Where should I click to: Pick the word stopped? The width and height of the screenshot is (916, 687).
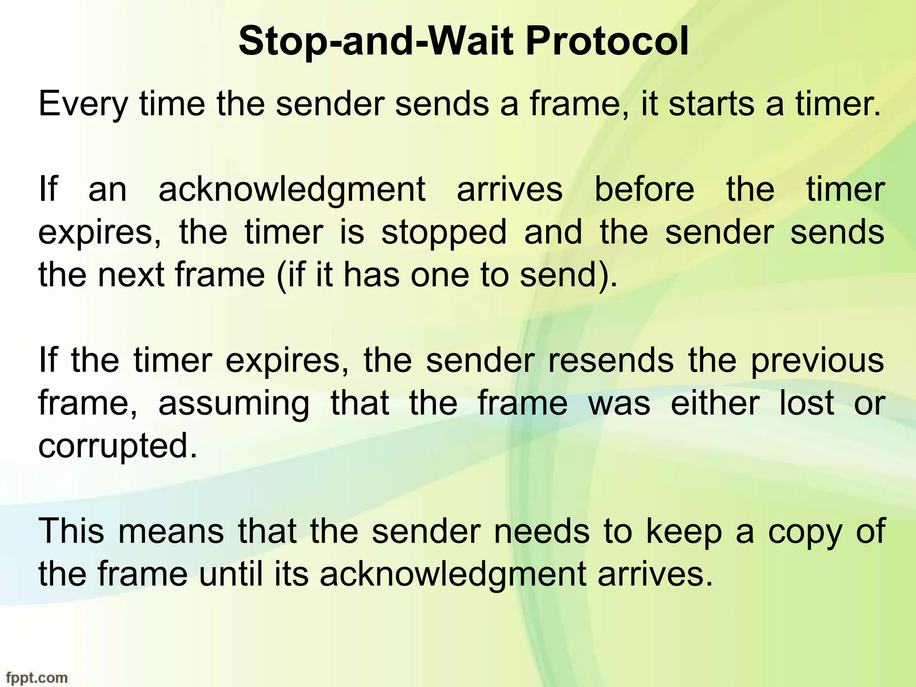click(x=444, y=233)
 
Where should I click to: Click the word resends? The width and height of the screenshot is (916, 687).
click(x=611, y=360)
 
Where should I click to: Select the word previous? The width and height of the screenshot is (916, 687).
click(x=817, y=361)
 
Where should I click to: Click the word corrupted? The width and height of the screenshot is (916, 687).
click(x=118, y=446)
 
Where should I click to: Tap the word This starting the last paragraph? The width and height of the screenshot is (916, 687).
click(x=72, y=531)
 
